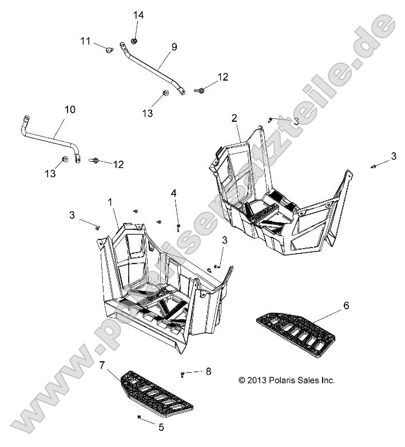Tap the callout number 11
[85, 41]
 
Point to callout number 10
[69, 109]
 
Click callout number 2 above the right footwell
[234, 118]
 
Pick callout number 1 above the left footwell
[110, 202]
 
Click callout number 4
[173, 193]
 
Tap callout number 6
[346, 306]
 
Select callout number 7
[102, 364]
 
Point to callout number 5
[161, 426]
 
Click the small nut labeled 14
[134, 41]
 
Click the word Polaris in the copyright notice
[285, 380]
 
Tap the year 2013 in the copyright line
[258, 380]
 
